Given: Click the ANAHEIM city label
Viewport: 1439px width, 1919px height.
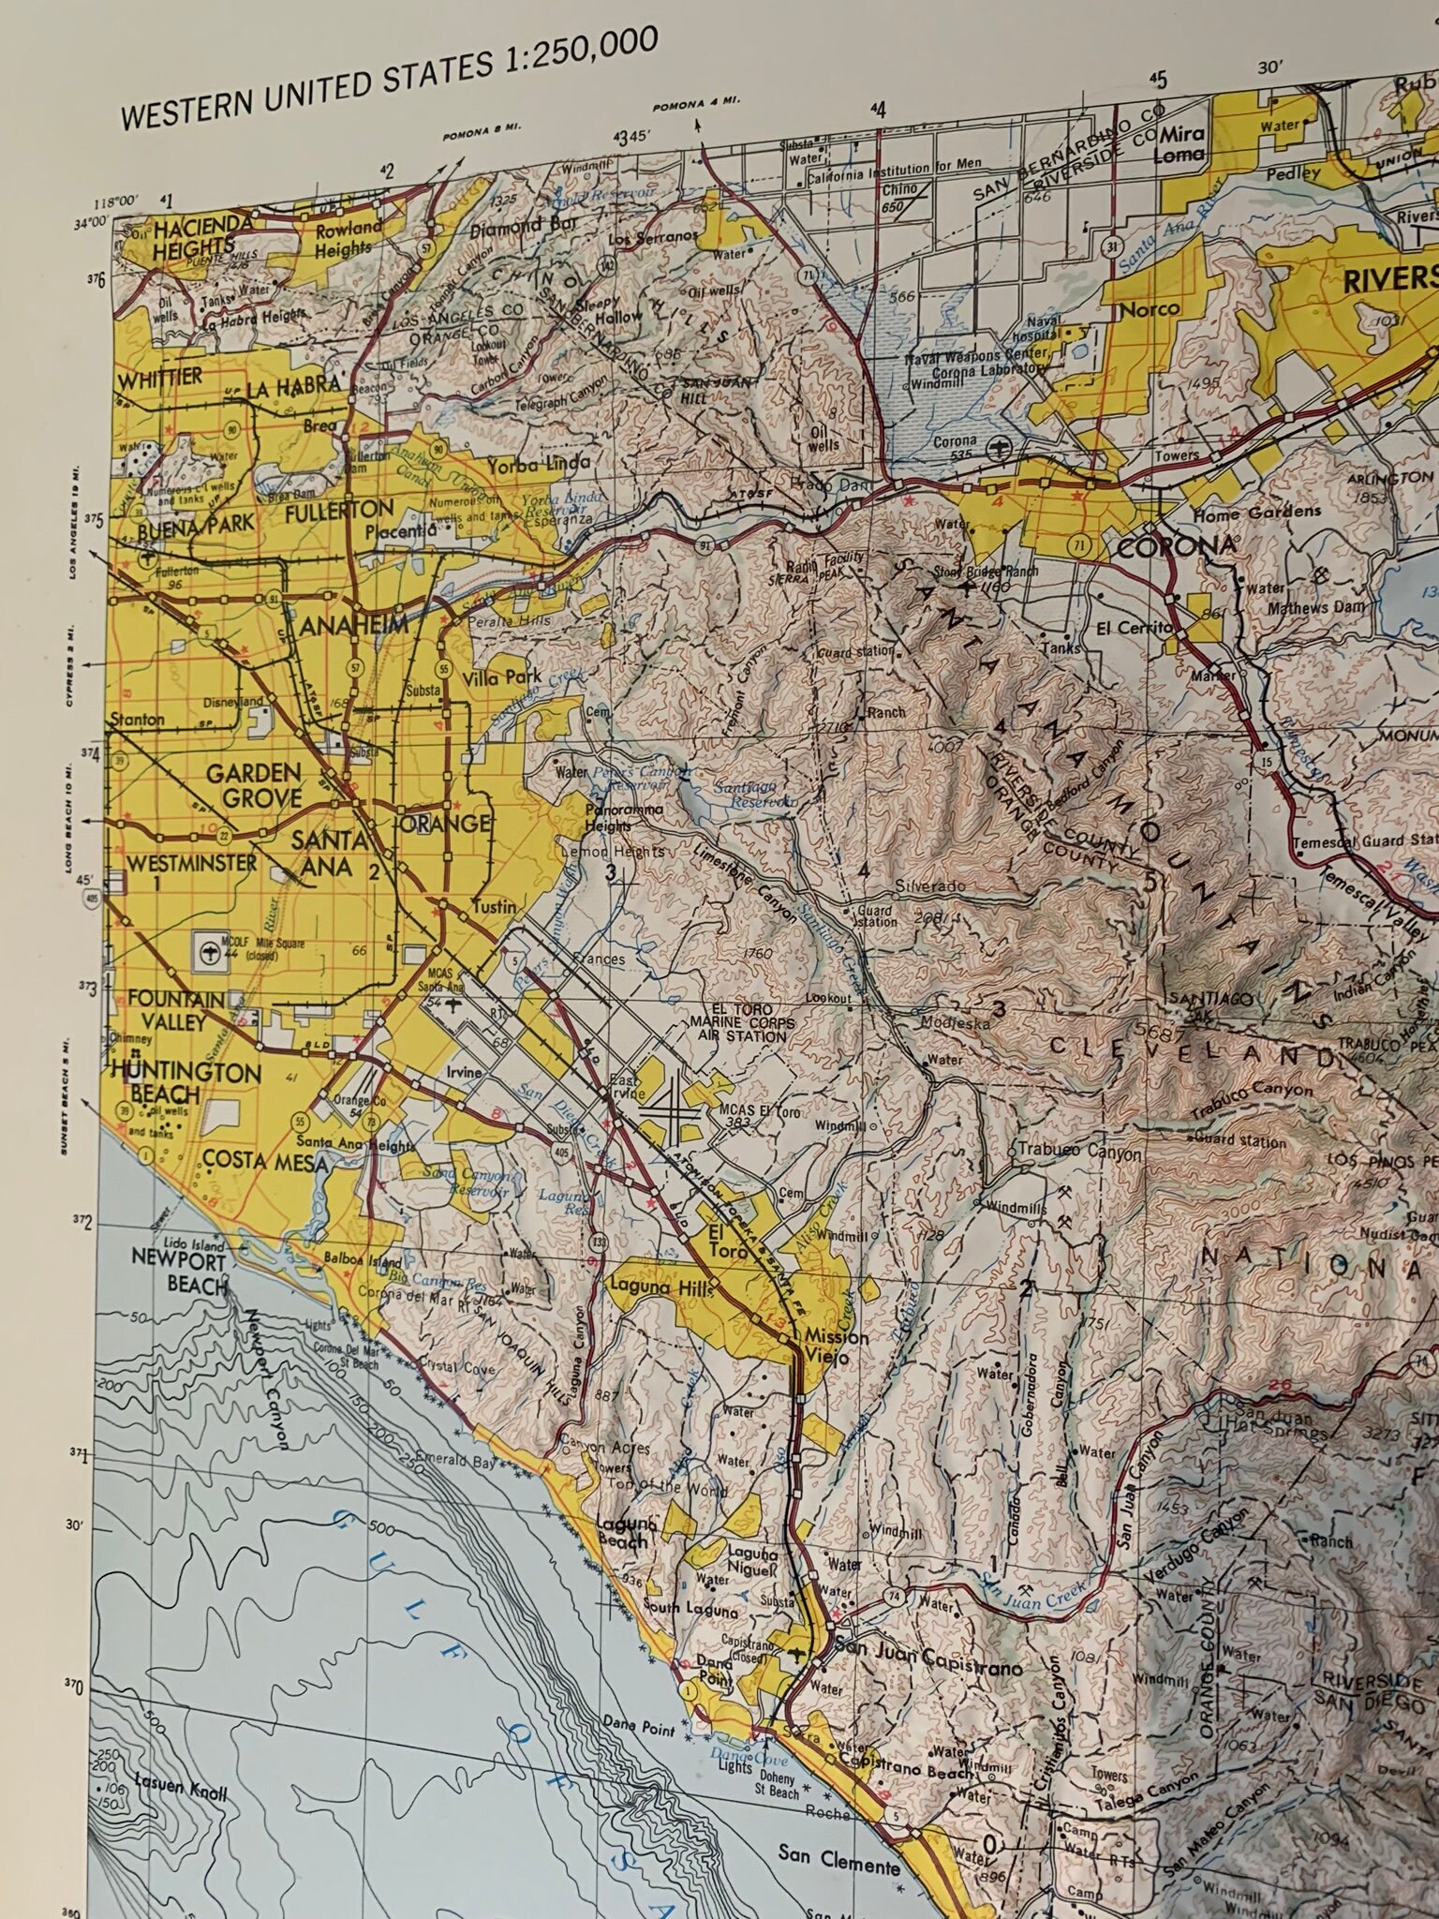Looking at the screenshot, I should coord(354,625).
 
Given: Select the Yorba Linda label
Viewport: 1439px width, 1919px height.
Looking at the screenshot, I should coord(537,464).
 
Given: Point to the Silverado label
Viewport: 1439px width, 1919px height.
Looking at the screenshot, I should coord(929,885).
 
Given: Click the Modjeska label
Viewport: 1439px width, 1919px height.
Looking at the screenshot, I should coord(955,1022).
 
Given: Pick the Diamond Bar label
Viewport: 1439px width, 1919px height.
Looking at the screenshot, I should coord(520,226).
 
